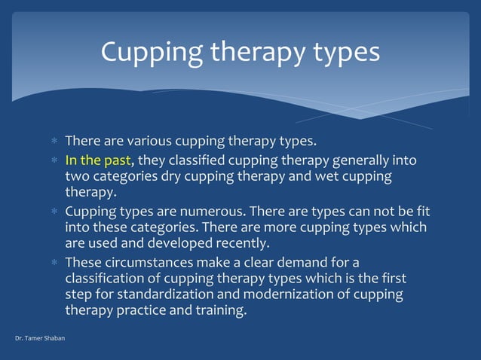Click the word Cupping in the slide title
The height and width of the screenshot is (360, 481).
[x=148, y=52]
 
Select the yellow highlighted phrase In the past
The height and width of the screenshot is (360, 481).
[x=98, y=160]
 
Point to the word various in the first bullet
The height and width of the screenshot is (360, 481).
[x=146, y=141]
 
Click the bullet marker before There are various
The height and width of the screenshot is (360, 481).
[x=54, y=142]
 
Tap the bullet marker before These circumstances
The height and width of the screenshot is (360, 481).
[x=54, y=263]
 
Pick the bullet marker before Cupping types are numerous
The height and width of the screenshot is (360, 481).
[x=54, y=212]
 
